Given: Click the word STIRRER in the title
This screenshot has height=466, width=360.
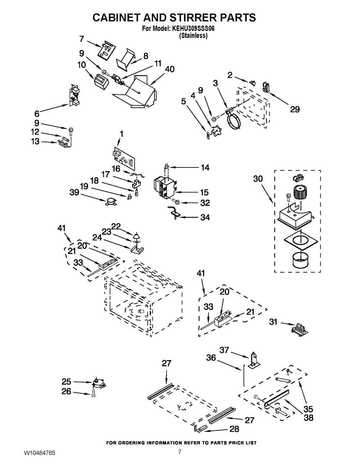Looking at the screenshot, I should point(178,18).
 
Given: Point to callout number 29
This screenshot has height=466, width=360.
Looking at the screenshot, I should point(295,109).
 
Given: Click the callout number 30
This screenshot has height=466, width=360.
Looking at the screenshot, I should point(258,179).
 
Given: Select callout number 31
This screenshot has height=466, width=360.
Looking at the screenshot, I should point(274,322).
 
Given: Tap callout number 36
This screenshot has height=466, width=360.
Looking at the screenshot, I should point(211,358).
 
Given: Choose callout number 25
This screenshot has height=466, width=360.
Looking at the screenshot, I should point(67,381).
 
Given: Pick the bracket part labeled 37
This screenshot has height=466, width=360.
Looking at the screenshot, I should point(254,362).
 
